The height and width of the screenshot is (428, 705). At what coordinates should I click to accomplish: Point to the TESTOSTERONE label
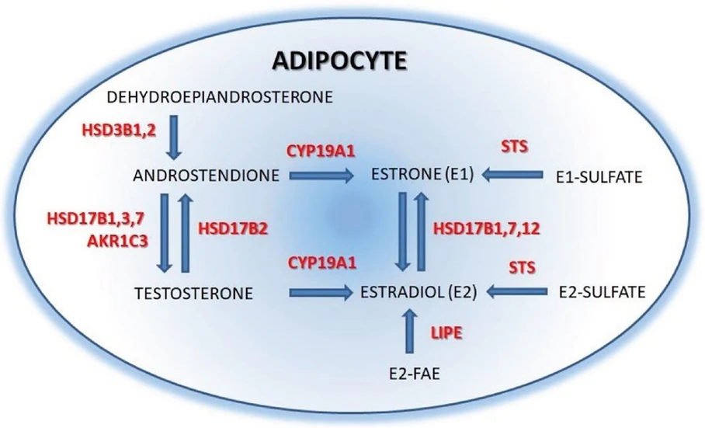[194, 293]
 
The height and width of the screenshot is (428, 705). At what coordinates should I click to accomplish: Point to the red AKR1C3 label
[124, 241]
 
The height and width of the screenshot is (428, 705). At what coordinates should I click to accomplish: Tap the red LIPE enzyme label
[446, 332]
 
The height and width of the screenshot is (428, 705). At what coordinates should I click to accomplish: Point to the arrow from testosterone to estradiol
[319, 293]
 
